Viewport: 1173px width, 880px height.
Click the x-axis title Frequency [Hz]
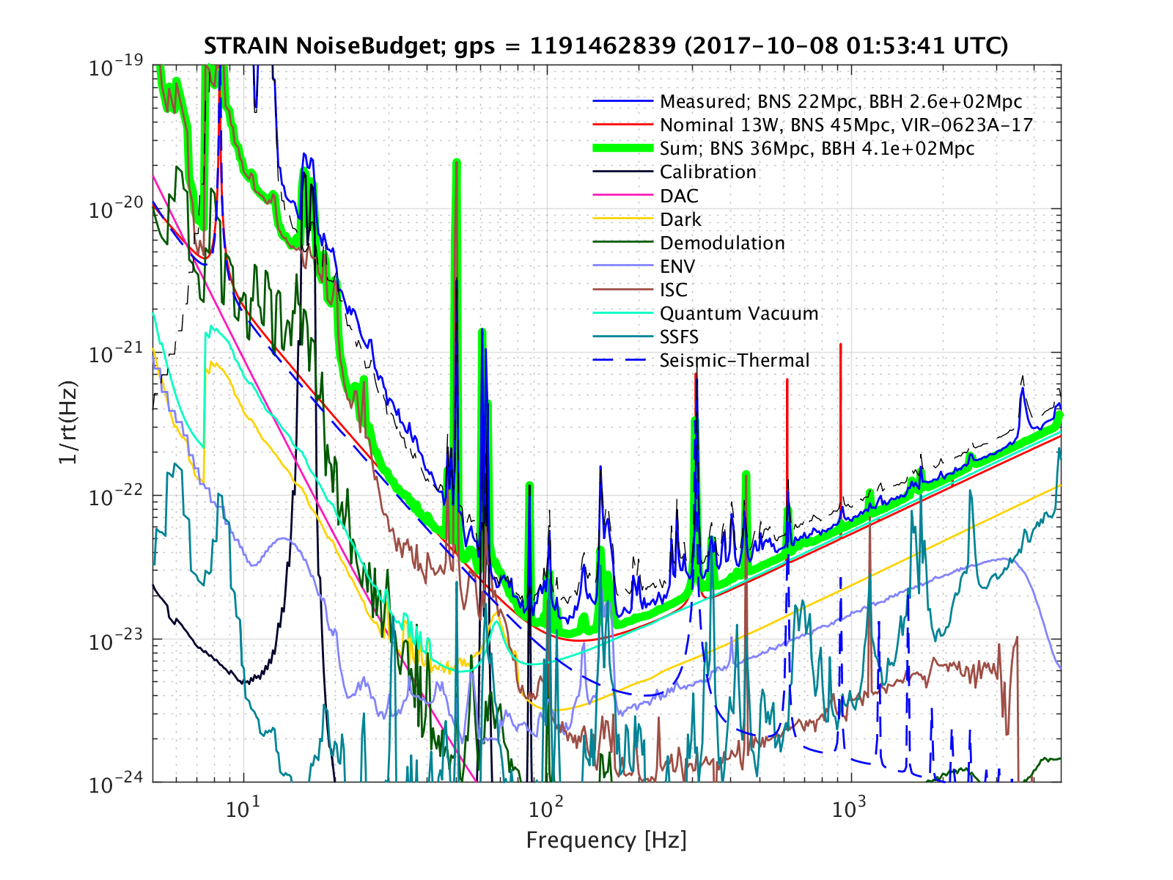[x=606, y=840]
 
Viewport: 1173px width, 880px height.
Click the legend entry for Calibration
[x=707, y=172]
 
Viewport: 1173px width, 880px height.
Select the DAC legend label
[x=679, y=196]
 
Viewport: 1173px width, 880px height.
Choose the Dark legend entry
[x=680, y=219]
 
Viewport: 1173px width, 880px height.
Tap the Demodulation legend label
[x=722, y=243]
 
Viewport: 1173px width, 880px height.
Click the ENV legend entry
[x=677, y=266]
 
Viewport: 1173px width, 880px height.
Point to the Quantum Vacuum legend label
[x=738, y=313]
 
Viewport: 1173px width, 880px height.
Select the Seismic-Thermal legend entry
[x=734, y=360]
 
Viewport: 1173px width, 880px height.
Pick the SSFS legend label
[x=679, y=337]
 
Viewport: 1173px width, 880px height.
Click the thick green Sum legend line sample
[x=622, y=148]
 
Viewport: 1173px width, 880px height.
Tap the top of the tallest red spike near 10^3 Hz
[x=840, y=344]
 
